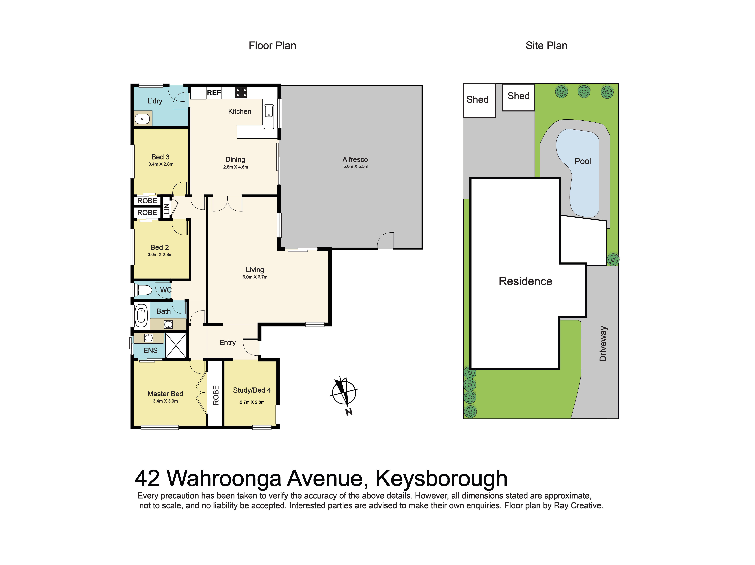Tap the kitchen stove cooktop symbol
pyautogui.click(x=241, y=92)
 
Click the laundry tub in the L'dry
pyautogui.click(x=142, y=119)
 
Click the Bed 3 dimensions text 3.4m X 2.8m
pyautogui.click(x=161, y=164)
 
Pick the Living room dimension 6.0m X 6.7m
pyautogui.click(x=255, y=277)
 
